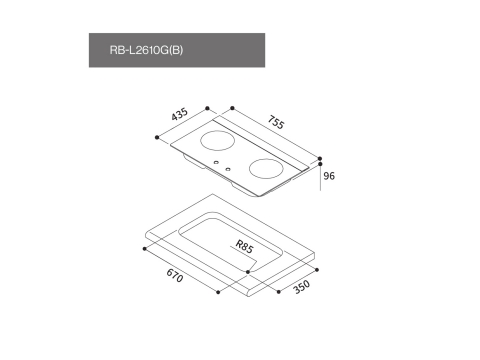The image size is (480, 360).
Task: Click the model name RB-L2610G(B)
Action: tap(146, 50)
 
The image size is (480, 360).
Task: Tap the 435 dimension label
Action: tap(179, 114)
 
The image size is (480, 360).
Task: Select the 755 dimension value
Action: tap(276, 122)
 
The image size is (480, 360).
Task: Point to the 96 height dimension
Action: tap(329, 176)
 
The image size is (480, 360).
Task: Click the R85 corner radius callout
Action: tap(245, 247)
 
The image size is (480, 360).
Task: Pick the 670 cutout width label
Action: tap(175, 275)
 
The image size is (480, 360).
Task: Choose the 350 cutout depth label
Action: tap(302, 287)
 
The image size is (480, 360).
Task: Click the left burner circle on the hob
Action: tap(217, 140)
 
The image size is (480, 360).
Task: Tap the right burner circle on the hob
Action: tap(266, 168)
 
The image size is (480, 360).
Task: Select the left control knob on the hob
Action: tap(216, 162)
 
